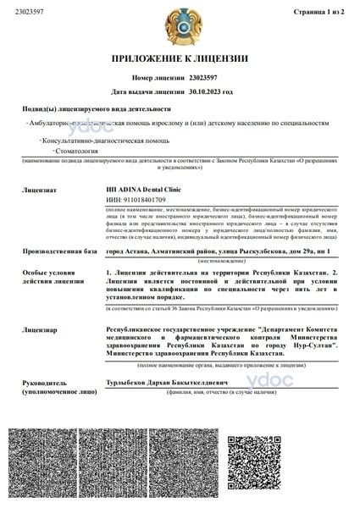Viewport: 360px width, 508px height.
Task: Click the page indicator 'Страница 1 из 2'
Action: (x=322, y=13)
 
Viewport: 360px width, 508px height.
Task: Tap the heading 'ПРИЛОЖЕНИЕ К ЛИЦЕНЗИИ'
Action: (x=180, y=58)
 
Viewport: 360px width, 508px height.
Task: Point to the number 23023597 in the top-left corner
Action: (x=25, y=13)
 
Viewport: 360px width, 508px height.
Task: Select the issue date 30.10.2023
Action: (x=200, y=90)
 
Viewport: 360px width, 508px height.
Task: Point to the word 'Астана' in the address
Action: (x=137, y=251)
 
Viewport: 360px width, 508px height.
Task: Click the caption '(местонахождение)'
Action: (x=223, y=262)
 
